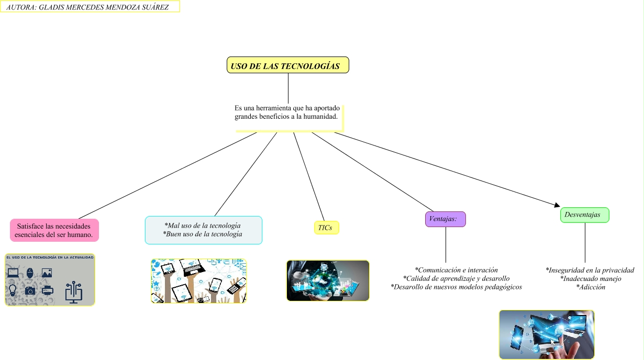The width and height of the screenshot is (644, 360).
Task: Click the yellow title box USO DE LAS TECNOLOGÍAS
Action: (x=288, y=65)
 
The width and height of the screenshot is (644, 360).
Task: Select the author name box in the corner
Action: (x=90, y=6)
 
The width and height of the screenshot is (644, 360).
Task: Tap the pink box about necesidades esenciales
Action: (x=54, y=230)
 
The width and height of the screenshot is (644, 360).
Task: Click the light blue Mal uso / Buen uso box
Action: (x=203, y=230)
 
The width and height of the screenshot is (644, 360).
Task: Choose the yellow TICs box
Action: (x=326, y=228)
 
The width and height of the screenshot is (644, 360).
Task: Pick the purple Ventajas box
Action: (x=445, y=219)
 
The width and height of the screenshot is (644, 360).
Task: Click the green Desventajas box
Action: (x=584, y=215)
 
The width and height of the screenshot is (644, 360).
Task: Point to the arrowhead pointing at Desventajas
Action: (x=557, y=205)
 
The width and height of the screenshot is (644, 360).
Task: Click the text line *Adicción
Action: (x=591, y=287)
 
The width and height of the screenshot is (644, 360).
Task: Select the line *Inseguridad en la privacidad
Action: (x=590, y=270)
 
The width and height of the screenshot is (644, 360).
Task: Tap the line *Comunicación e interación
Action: (x=456, y=270)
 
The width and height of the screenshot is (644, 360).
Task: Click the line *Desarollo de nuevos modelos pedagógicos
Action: (x=456, y=287)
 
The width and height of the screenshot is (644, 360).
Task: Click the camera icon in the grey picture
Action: (x=30, y=290)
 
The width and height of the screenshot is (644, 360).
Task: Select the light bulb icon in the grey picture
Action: (x=13, y=290)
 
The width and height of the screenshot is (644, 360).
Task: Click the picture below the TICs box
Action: (x=328, y=280)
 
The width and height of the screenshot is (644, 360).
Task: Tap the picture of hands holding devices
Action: (x=198, y=281)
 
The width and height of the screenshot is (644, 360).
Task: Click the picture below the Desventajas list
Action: (x=547, y=334)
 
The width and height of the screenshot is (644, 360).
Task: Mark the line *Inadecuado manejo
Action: (x=591, y=279)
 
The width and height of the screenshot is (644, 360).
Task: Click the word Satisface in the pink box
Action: (x=29, y=226)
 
